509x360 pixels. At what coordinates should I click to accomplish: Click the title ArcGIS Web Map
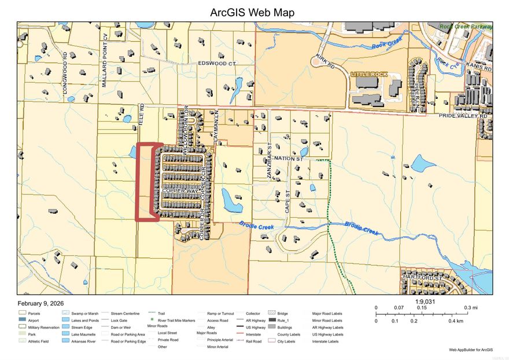pyautogui.click(x=254, y=12)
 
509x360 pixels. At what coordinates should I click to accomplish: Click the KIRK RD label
pyautogui.click(x=326, y=62)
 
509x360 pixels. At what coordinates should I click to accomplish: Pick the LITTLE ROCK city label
pyautogui.click(x=369, y=75)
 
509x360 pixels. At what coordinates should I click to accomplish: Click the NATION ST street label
pyautogui.click(x=289, y=157)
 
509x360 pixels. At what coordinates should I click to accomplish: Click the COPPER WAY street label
pyautogui.click(x=180, y=190)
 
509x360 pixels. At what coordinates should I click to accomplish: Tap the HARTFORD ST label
pyautogui.click(x=423, y=278)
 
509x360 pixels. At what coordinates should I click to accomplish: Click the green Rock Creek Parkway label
pyautogui.click(x=466, y=27)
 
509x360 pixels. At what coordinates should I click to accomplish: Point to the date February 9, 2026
pyautogui.click(x=40, y=303)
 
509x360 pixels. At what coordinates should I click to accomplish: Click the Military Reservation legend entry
pyautogui.click(x=44, y=328)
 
